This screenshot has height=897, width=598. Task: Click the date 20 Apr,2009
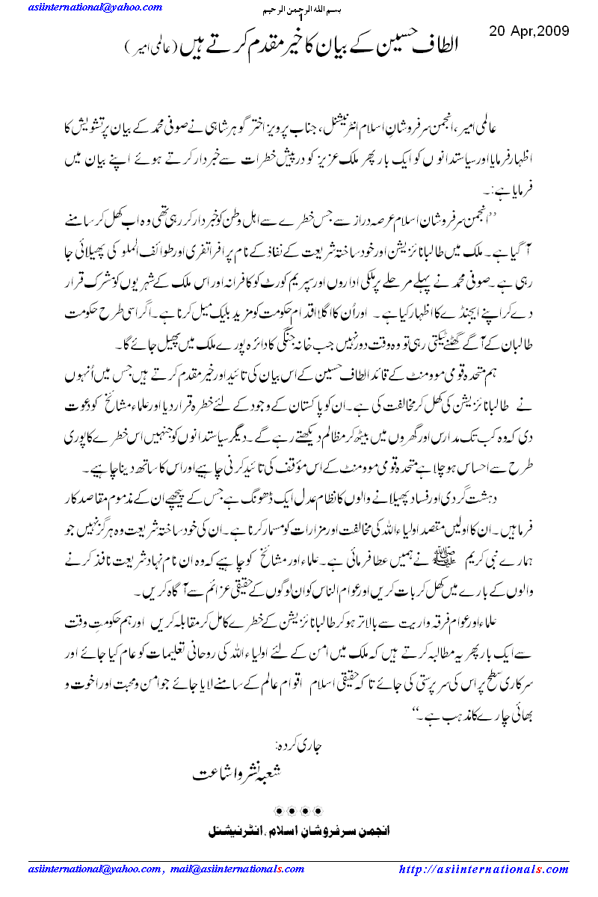(x=528, y=31)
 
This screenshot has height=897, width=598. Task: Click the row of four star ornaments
(x=299, y=810)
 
